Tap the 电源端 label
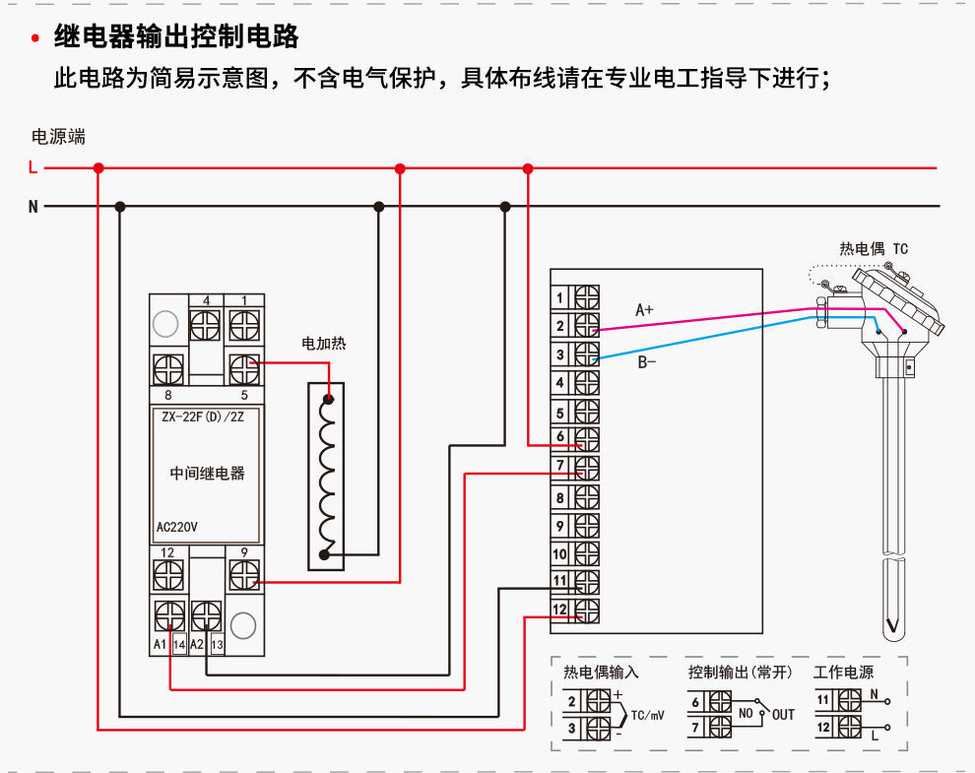pyautogui.click(x=59, y=137)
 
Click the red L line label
pyautogui.click(x=32, y=168)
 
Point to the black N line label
pyautogui.click(x=32, y=207)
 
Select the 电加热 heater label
pyautogui.click(x=324, y=344)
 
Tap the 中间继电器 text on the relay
pyautogui.click(x=207, y=473)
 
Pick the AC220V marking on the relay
pyautogui.click(x=177, y=527)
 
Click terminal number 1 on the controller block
pyautogui.click(x=560, y=297)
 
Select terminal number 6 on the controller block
pyautogui.click(x=560, y=436)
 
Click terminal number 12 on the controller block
pyautogui.click(x=559, y=611)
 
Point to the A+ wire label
pyautogui.click(x=645, y=310)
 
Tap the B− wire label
pyautogui.click(x=647, y=362)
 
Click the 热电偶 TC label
pyautogui.click(x=874, y=249)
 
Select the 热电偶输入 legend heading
pyautogui.click(x=601, y=673)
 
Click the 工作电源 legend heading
pyautogui.click(x=843, y=673)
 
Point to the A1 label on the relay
pyautogui.click(x=160, y=644)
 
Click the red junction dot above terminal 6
pyautogui.click(x=528, y=169)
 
